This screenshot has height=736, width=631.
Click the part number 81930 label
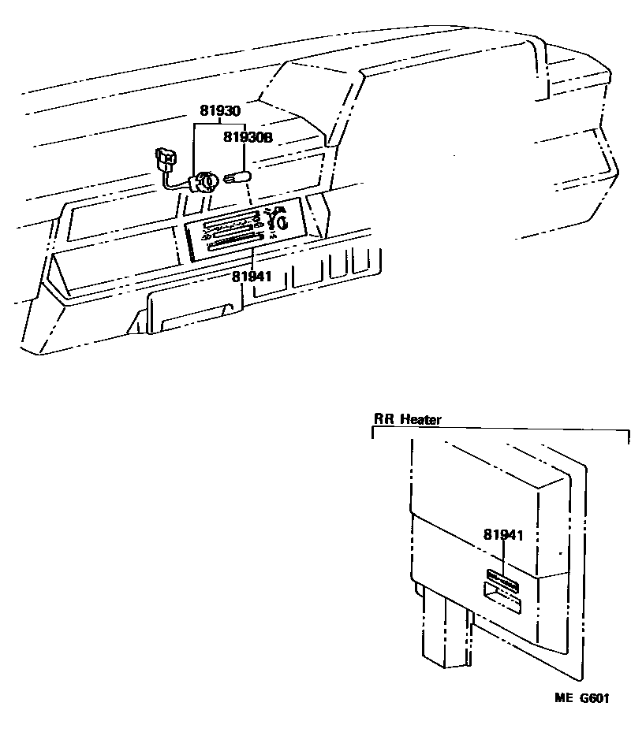pyautogui.click(x=219, y=111)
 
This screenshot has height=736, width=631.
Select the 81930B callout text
pyautogui.click(x=247, y=137)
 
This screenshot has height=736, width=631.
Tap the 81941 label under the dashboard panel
pyautogui.click(x=252, y=276)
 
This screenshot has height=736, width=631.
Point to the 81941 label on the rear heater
pyautogui.click(x=503, y=534)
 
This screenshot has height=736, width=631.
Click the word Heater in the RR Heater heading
pyautogui.click(x=420, y=419)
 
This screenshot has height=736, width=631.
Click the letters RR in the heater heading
pyautogui.click(x=383, y=419)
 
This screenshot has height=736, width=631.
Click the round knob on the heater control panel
pyautogui.click(x=282, y=221)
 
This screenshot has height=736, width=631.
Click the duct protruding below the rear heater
pyautogui.click(x=446, y=630)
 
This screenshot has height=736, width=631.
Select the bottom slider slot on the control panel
pyautogui.click(x=230, y=247)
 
